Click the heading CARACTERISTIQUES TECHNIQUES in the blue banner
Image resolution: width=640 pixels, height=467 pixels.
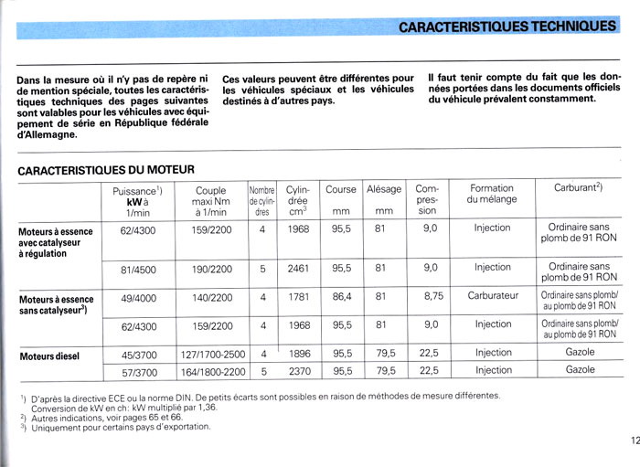tap(507, 27)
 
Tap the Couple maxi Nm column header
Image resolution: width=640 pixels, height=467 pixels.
tap(210, 200)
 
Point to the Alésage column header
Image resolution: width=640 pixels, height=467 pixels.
tap(384, 189)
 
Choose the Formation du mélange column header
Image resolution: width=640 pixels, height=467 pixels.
tap(492, 194)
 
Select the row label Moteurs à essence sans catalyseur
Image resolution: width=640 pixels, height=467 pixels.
tap(56, 304)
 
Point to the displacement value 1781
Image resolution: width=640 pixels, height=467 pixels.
tap(298, 297)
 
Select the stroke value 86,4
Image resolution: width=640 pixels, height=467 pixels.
tap(341, 297)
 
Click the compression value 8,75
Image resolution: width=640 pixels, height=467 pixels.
tap(433, 297)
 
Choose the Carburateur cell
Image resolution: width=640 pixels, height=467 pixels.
tap(493, 297)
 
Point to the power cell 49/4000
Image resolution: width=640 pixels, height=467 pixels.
tap(138, 297)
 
